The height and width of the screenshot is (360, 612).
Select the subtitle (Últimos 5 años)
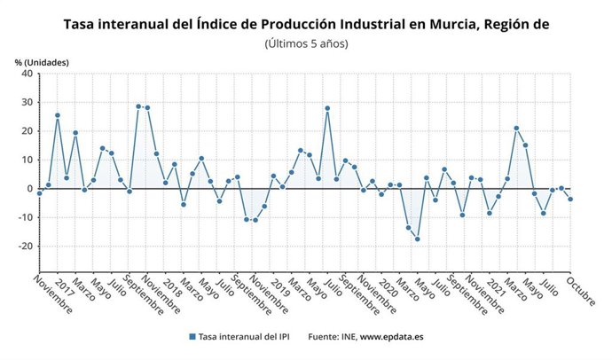[x=306, y=43]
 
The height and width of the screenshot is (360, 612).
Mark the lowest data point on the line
[x=417, y=239]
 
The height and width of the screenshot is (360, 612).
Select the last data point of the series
[x=570, y=200]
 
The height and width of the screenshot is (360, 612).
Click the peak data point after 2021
[x=516, y=129]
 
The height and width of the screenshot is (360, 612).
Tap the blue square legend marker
[x=192, y=337]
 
